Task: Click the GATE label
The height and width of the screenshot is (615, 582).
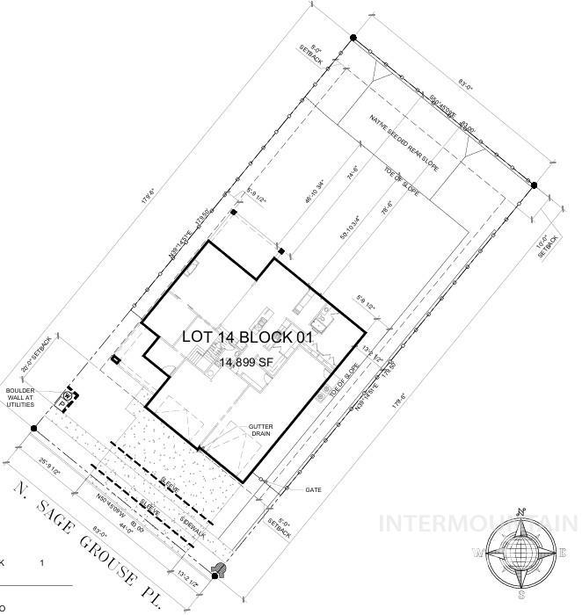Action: (313, 488)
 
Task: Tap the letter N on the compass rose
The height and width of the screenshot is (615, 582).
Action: (522, 512)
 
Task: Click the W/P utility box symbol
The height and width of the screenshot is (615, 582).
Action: (65, 401)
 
